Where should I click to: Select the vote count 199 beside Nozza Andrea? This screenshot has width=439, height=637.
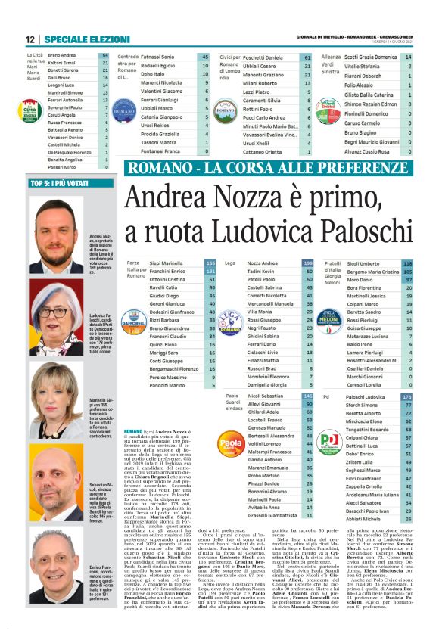[x=308, y=263]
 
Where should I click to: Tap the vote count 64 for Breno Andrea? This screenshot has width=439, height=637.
[x=104, y=56]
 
